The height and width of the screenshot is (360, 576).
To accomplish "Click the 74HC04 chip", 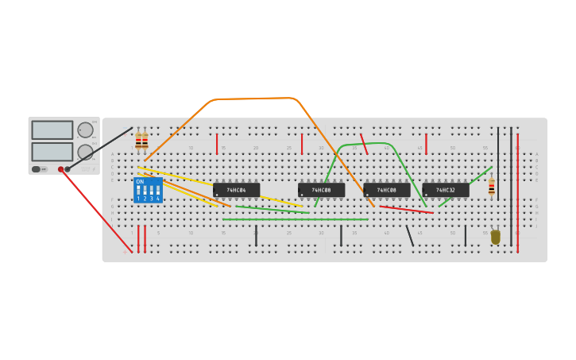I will (236, 190).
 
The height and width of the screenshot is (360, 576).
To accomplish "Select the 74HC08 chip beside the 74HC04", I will (321, 190).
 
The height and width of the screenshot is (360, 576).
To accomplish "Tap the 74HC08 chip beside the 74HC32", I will (386, 190).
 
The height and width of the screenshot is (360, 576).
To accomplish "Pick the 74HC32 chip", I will (445, 190).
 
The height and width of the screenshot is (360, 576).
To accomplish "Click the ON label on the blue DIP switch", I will (140, 182).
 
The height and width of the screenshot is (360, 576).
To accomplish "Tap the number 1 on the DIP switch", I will (138, 199).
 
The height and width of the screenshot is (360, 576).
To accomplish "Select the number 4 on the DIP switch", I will (158, 199).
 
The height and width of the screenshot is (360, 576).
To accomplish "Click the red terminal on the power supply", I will (60, 169).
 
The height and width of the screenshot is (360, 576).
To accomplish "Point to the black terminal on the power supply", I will (68, 169).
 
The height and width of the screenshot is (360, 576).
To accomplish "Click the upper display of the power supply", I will (52, 130).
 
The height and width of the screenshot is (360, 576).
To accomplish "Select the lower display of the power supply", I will (52, 151).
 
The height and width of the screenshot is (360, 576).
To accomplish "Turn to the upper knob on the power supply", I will (85, 130).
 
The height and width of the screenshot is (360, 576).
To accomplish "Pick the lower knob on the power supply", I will (85, 152).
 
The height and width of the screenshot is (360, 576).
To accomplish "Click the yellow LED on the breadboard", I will (496, 236).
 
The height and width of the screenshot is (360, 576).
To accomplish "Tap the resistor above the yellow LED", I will (492, 188).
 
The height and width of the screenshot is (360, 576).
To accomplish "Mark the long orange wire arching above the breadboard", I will (254, 99).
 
